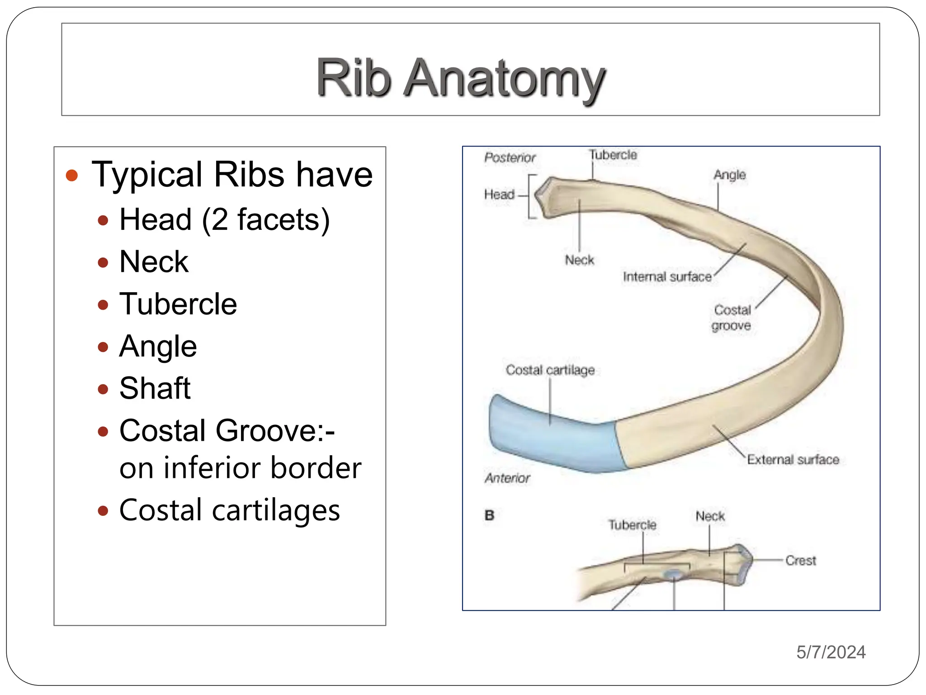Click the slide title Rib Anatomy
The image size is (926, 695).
[460, 78]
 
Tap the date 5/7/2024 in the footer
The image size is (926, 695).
[831, 652]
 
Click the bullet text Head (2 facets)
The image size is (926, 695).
[224, 220]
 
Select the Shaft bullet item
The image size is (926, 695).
[155, 388]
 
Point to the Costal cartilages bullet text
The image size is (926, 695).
[229, 510]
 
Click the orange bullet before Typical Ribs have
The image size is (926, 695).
[72, 176]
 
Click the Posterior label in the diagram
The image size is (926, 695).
[510, 157]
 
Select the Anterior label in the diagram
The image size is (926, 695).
[507, 478]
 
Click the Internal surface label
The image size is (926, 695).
[667, 276]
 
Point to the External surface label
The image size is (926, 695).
[793, 460]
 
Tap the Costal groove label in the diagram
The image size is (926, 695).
[732, 318]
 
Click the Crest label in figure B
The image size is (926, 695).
[800, 561]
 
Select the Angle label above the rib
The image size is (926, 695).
[729, 175]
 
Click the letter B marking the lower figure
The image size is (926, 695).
[489, 515]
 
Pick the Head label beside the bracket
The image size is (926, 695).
[499, 195]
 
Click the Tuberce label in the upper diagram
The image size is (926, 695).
[613, 155]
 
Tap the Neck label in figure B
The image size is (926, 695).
[710, 516]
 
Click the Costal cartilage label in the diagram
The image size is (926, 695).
[550, 370]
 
